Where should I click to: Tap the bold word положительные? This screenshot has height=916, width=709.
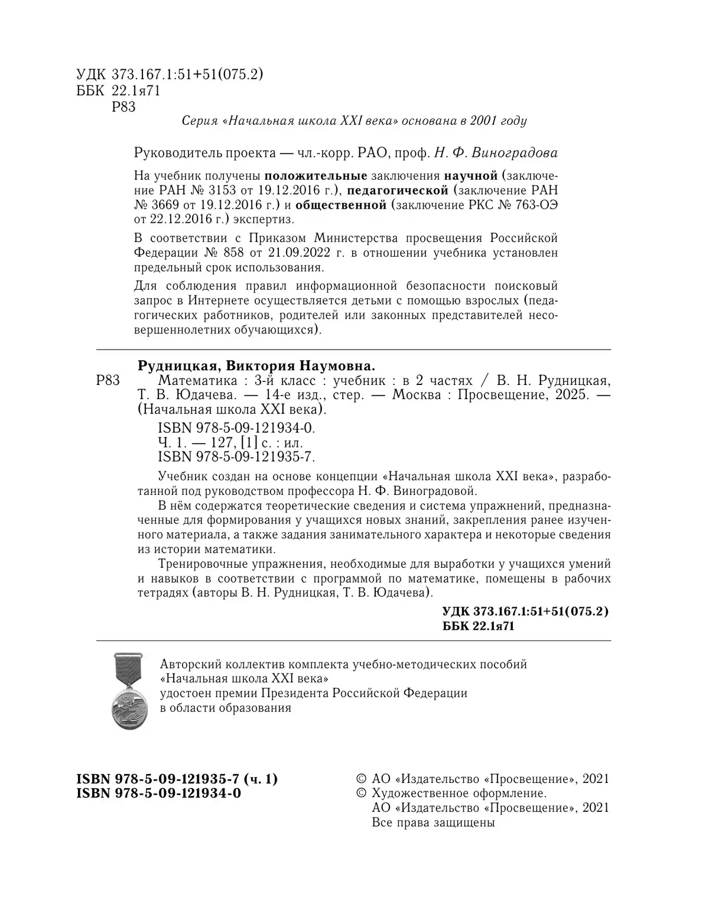point(316,176)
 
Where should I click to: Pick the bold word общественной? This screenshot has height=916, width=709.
point(340,205)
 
